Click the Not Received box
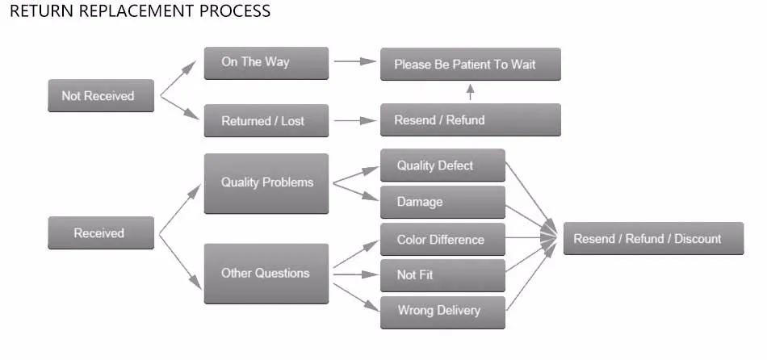pyautogui.click(x=101, y=95)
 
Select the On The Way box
pyautogui.click(x=266, y=63)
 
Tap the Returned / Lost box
pyautogui.click(x=266, y=120)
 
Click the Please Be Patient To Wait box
pyautogui.click(x=471, y=64)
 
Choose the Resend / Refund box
pyautogui.click(x=471, y=119)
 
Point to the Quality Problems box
pyautogui.click(x=266, y=183)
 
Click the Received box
pyautogui.click(x=101, y=232)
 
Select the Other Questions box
pyautogui.click(x=266, y=274)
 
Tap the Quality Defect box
pyautogui.click(x=442, y=165)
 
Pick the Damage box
pyautogui.click(x=442, y=202)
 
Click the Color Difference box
pyautogui.click(x=442, y=239)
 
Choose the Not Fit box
pyautogui.click(x=442, y=275)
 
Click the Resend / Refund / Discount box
pyautogui.click(x=653, y=238)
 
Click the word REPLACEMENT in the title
pyautogui.click(x=128, y=10)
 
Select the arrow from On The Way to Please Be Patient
pyautogui.click(x=355, y=61)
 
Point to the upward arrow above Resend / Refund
pyautogui.click(x=470, y=92)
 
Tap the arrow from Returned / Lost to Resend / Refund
pyautogui.click(x=355, y=120)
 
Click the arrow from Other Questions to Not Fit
pyautogui.click(x=355, y=274)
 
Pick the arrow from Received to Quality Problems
pyautogui.click(x=180, y=209)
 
